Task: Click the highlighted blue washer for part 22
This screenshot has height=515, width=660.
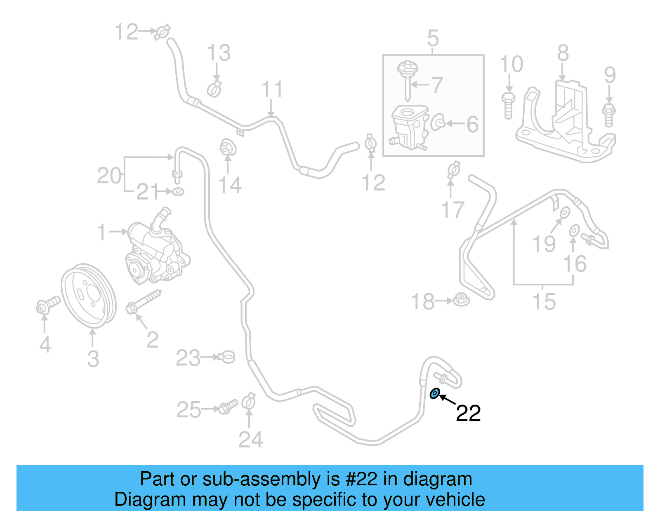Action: pyautogui.click(x=435, y=394)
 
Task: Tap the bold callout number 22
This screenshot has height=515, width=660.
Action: pyautogui.click(x=468, y=413)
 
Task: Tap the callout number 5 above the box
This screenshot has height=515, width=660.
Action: pyautogui.click(x=433, y=38)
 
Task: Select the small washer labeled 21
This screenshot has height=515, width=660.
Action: pyautogui.click(x=178, y=192)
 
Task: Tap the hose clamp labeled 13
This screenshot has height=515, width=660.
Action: pyautogui.click(x=214, y=89)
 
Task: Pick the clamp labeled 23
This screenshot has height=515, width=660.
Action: pyautogui.click(x=227, y=357)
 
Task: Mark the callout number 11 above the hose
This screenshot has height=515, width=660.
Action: pyautogui.click(x=272, y=89)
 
